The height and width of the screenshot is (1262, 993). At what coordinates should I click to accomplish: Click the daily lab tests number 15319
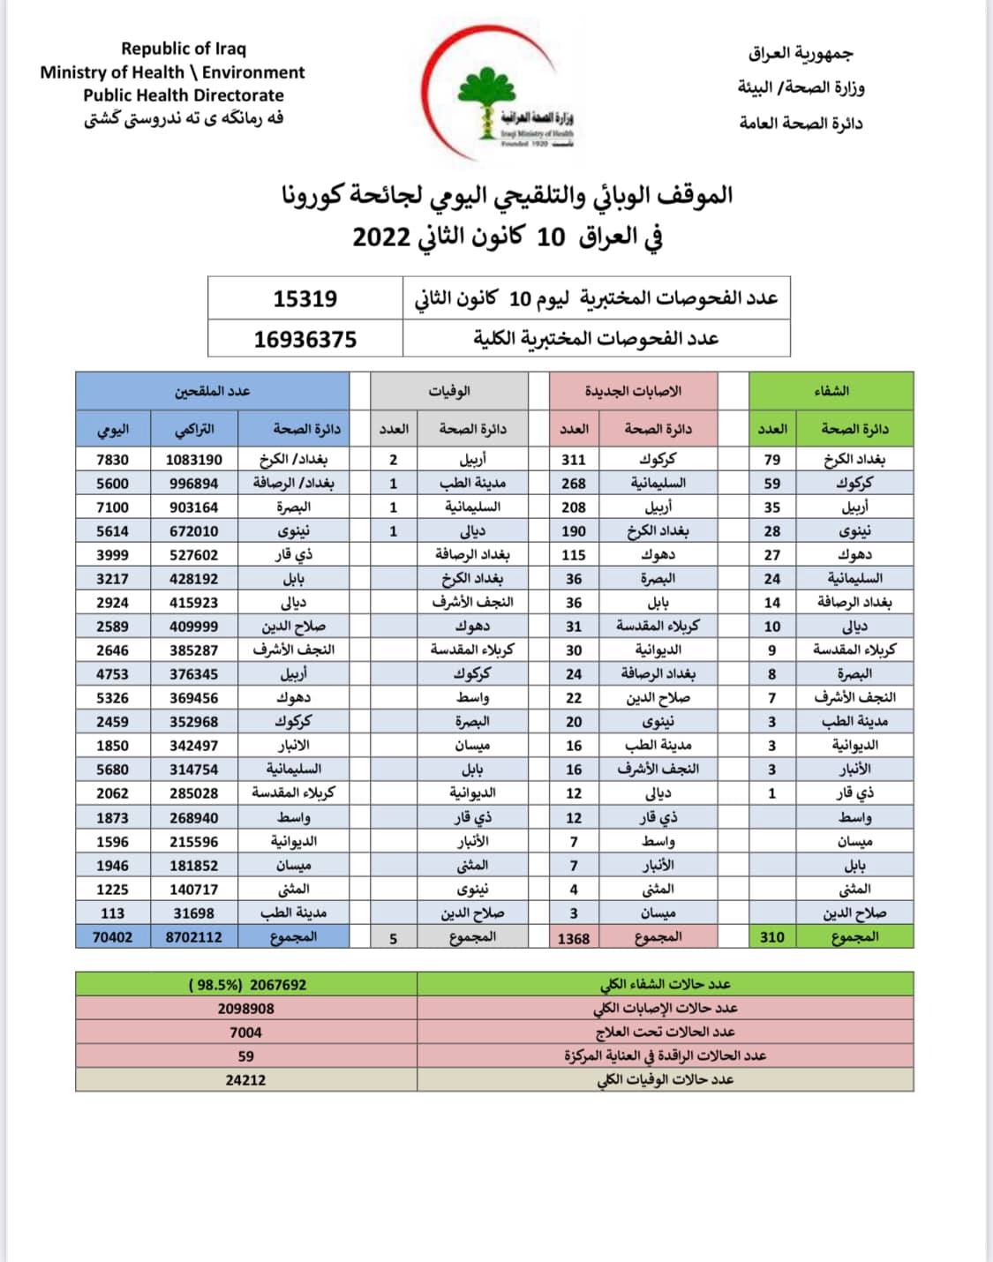(305, 298)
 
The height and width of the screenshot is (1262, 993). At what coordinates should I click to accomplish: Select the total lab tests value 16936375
(305, 339)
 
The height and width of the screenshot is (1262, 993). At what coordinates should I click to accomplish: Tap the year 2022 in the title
(382, 237)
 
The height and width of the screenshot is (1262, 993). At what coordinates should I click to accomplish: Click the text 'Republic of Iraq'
(184, 49)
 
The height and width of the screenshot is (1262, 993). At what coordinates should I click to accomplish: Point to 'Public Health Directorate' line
(184, 95)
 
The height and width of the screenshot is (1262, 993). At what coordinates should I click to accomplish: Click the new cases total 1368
(574, 938)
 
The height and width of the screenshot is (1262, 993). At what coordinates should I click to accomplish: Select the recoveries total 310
(772, 937)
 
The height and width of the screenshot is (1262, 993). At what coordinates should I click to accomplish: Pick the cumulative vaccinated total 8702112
(194, 937)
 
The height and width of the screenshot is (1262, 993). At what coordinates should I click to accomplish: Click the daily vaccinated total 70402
(112, 937)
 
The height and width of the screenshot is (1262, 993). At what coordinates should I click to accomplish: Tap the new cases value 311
(574, 460)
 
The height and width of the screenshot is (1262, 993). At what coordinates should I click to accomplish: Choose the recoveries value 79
(772, 460)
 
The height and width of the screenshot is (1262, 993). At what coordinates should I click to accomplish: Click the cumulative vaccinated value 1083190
(194, 460)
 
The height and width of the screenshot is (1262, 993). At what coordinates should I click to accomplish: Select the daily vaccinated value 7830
(112, 460)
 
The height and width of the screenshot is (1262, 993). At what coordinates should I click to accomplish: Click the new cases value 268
(574, 484)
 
